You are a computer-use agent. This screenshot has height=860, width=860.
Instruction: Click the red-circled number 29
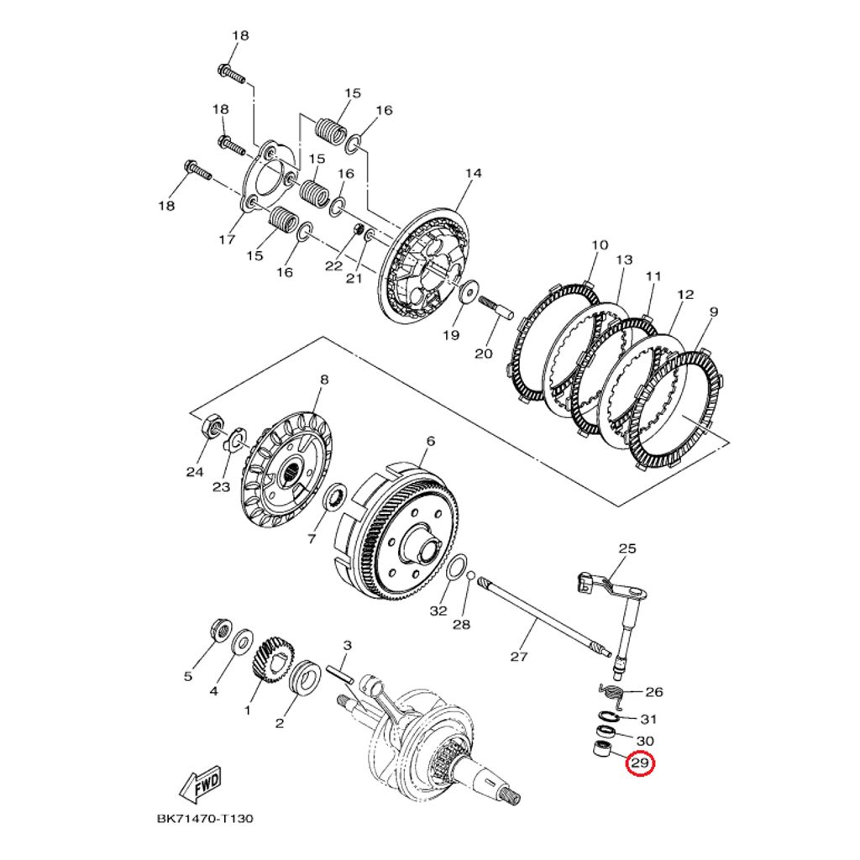pyautogui.click(x=640, y=763)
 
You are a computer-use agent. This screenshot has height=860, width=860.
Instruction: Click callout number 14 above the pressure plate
pyautogui.click(x=474, y=174)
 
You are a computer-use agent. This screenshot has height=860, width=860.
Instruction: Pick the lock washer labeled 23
pyautogui.click(x=236, y=438)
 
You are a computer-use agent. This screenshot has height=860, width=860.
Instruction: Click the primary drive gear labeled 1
pyautogui.click(x=270, y=658)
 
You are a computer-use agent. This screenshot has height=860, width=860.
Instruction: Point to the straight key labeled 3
pyautogui.click(x=341, y=675)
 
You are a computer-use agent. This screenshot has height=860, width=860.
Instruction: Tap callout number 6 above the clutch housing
pyautogui.click(x=430, y=441)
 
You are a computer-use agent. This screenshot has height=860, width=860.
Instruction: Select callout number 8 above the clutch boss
pyautogui.click(x=323, y=380)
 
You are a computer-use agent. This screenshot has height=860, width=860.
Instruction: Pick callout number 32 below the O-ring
pyautogui.click(x=438, y=611)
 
